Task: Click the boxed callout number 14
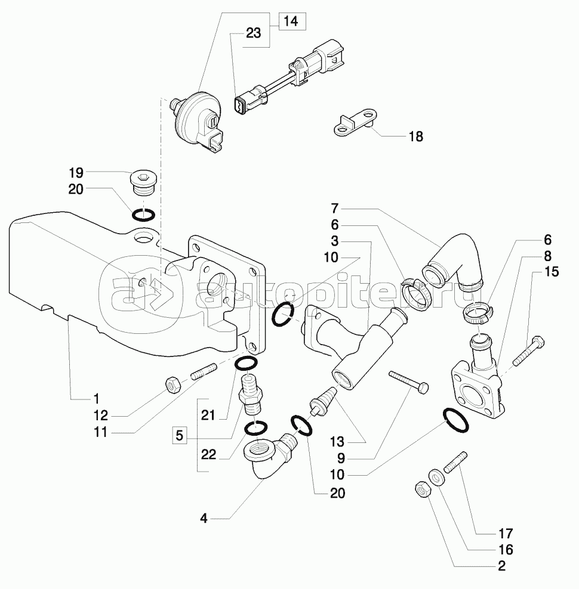coord(290,21)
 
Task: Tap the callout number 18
coord(416,137)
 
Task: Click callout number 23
coord(253,34)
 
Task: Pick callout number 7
coord(335,209)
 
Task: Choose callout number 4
coord(204,519)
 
